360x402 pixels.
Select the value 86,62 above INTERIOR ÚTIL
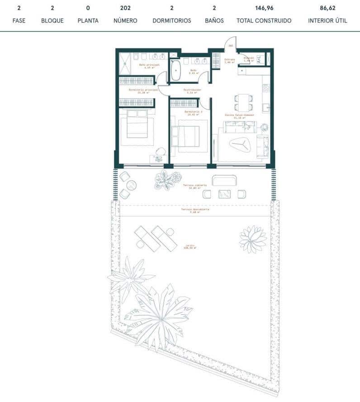click(327, 8)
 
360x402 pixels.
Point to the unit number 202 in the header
click(126, 8)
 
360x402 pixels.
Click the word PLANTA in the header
click(88, 21)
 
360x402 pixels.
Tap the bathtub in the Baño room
click(175, 72)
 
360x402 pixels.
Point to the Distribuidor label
click(192, 90)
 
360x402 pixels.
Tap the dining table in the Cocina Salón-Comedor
click(244, 102)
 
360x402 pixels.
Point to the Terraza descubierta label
click(195, 211)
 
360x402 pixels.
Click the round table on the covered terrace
click(131, 185)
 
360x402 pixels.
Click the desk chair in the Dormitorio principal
click(161, 151)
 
